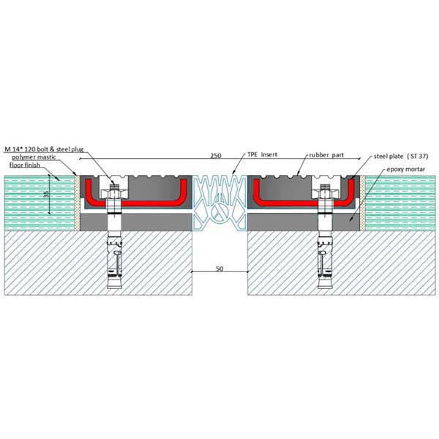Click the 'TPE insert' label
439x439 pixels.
262,154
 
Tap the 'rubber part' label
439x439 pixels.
326,155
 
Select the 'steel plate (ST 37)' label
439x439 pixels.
401,157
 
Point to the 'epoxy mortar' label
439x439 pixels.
405,170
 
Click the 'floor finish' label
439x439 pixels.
25,165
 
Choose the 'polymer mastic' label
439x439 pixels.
34,157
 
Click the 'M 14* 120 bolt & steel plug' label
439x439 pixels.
44,149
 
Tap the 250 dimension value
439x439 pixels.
216,156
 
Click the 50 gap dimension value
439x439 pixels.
219,269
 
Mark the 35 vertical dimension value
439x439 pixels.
46,194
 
